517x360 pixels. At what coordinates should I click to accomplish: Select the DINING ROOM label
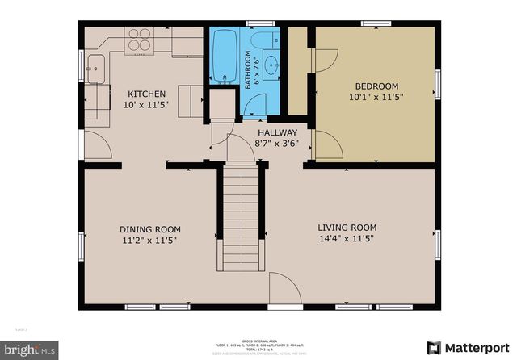(x=151, y=228)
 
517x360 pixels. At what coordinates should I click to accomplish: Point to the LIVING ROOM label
(x=347, y=228)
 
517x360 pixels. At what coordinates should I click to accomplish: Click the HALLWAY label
(x=277, y=132)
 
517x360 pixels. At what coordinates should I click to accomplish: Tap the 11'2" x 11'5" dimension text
(x=151, y=240)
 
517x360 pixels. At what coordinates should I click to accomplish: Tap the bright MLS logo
(x=30, y=350)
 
